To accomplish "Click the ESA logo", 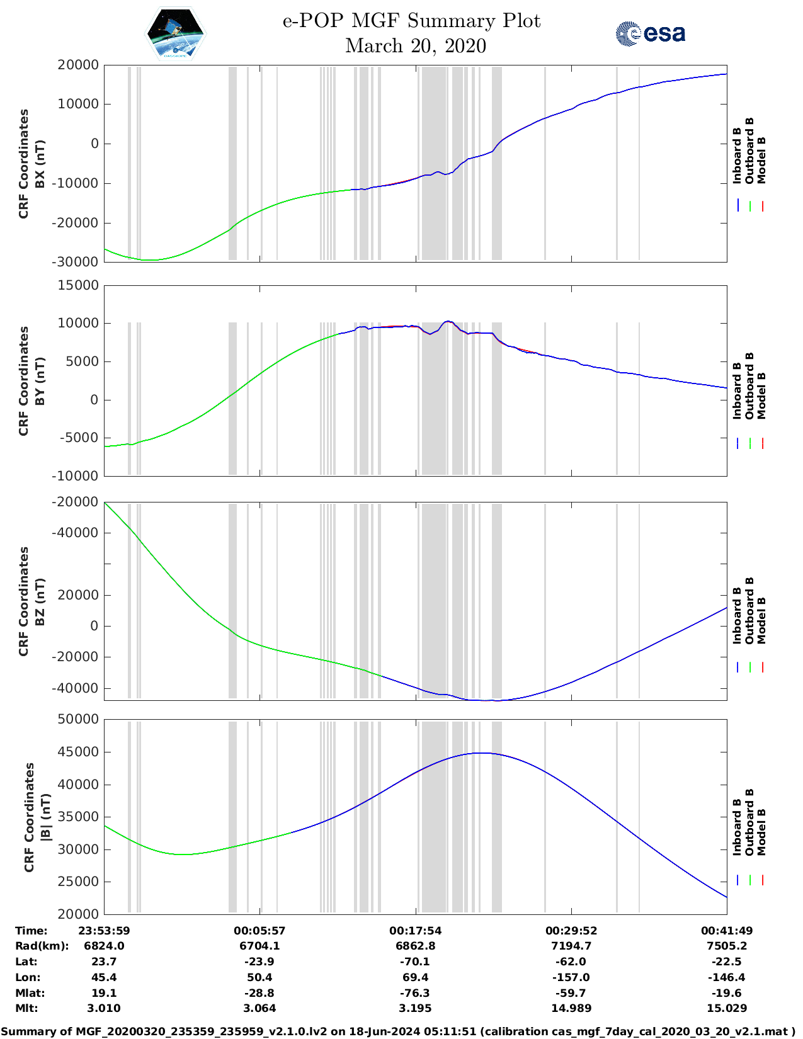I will click(x=650, y=33).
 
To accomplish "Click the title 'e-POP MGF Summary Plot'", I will click(x=411, y=21).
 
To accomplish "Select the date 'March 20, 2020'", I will click(x=416, y=46).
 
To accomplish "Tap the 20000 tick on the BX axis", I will click(x=77, y=65).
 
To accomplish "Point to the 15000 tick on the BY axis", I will click(x=77, y=285).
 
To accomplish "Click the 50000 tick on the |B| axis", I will click(x=77, y=719).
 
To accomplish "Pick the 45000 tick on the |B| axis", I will click(x=77, y=752).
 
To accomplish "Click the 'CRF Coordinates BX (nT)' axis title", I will click(x=31, y=164).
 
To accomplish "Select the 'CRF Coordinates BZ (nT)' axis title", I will click(x=31, y=601).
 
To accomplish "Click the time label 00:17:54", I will click(x=416, y=931).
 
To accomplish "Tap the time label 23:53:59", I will click(x=104, y=931).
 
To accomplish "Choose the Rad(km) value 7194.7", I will click(x=571, y=946).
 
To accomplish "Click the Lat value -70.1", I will click(x=416, y=962).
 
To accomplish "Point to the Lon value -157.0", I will click(x=571, y=977).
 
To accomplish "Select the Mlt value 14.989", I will click(x=571, y=1008).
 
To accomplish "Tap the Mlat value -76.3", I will click(x=416, y=993).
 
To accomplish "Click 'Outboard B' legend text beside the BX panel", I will click(x=749, y=151).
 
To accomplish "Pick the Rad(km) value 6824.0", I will click(x=104, y=946).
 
